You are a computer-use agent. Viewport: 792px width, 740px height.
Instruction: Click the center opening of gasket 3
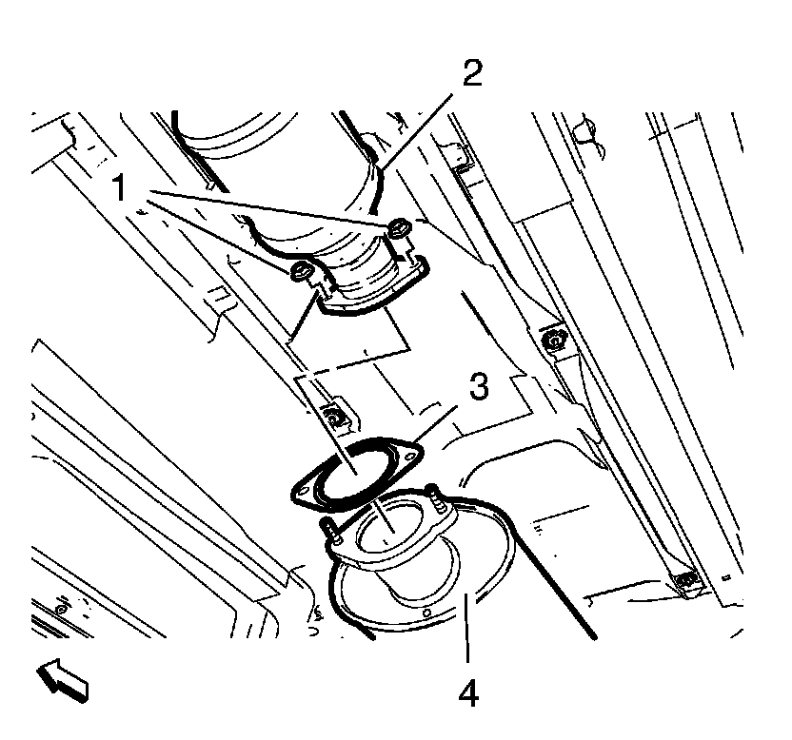tap(354, 470)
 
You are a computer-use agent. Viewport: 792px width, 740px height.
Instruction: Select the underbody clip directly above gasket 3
tap(334, 415)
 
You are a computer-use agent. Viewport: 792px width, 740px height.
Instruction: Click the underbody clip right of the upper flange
tap(549, 338)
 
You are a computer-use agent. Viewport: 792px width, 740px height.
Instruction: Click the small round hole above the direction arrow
tap(61, 607)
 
